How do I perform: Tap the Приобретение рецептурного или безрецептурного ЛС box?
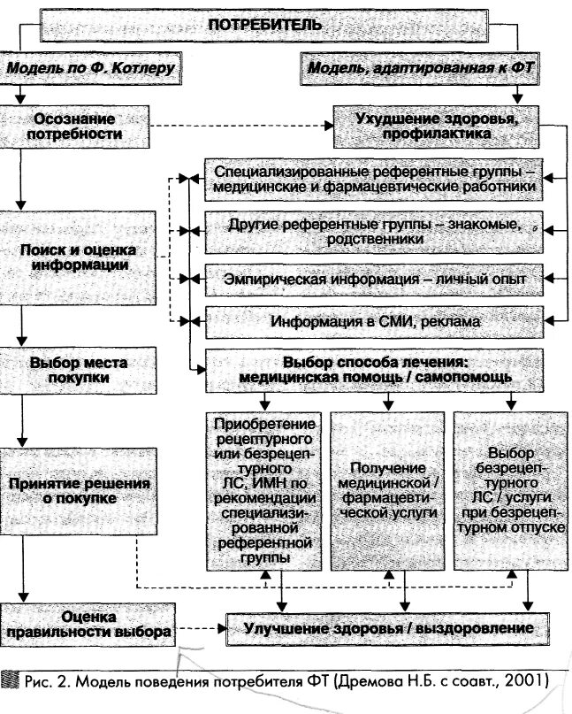tap(264, 490)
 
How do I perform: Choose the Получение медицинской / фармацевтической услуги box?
tap(388, 490)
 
